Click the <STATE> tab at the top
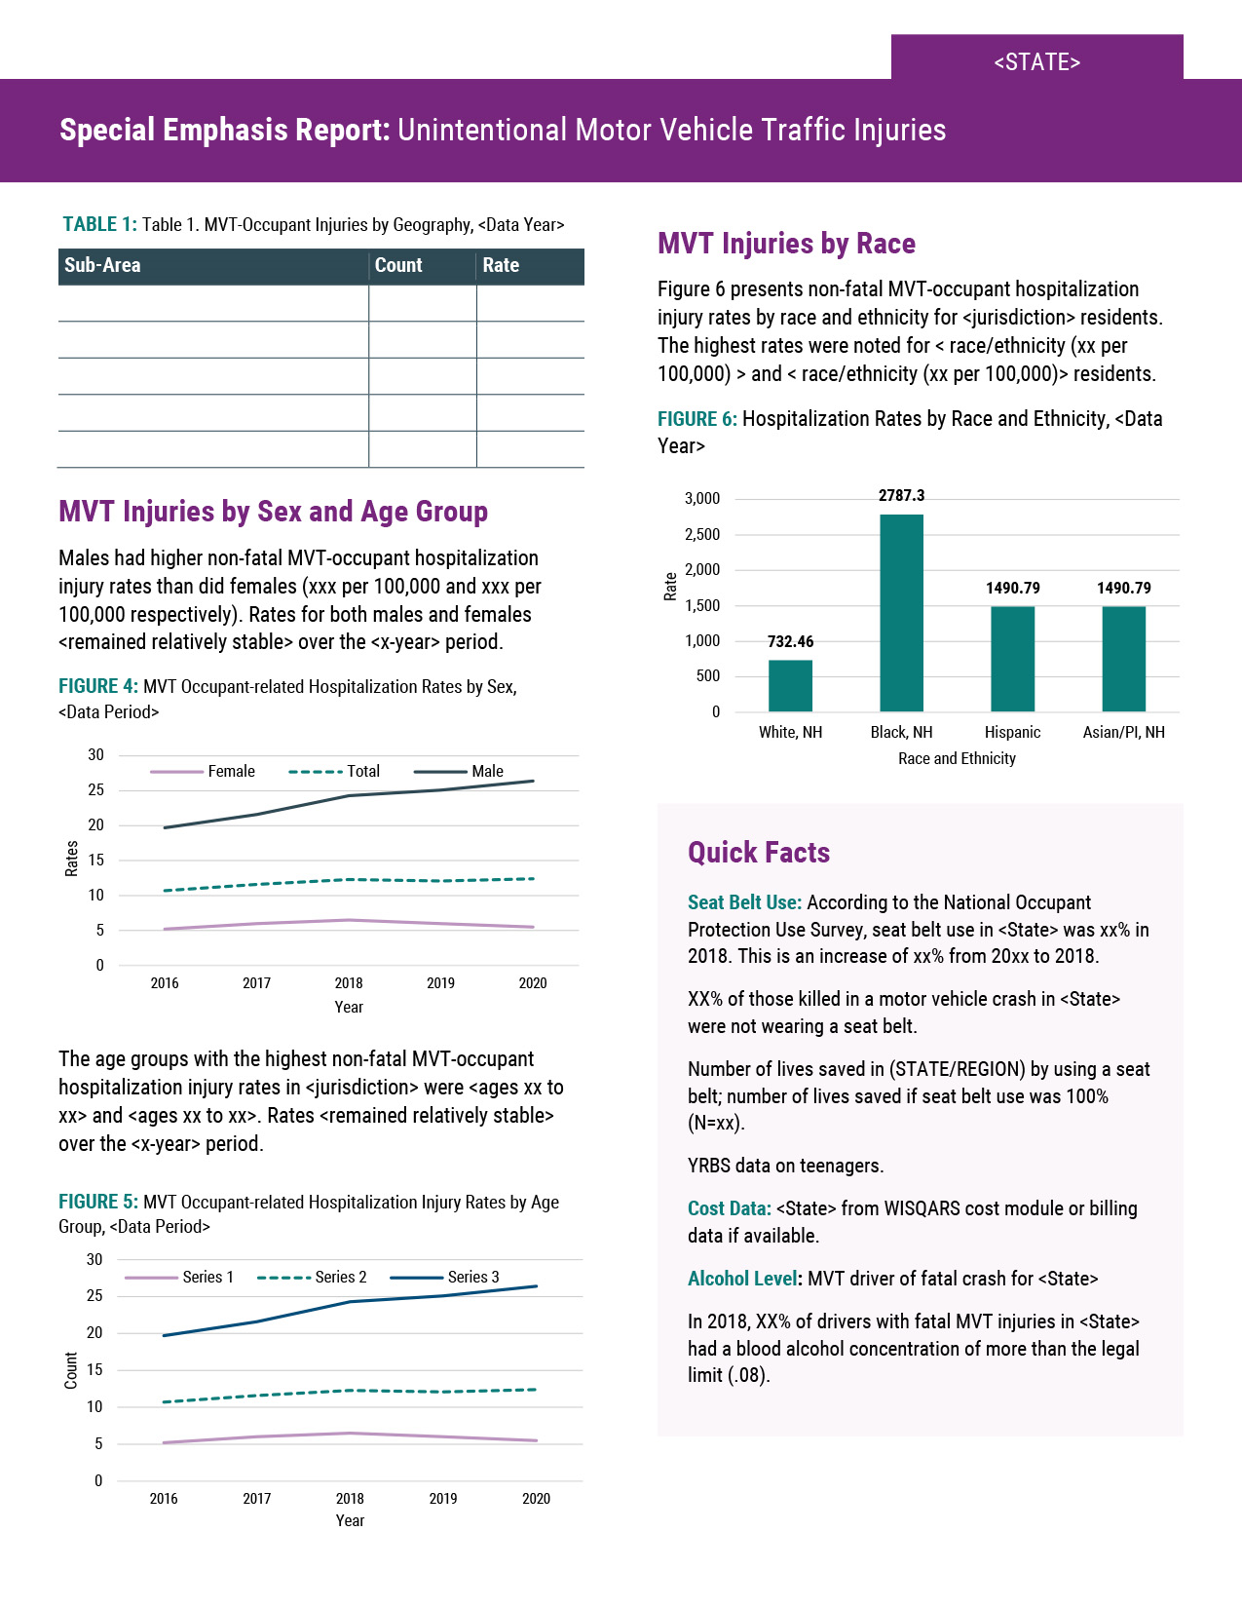tap(1036, 61)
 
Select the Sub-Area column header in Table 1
tap(102, 265)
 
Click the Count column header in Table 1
tap(398, 265)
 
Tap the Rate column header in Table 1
tap(501, 265)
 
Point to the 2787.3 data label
tap(901, 496)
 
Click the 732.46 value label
tap(790, 641)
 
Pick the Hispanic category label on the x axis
tap(1012, 732)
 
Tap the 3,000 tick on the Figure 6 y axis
tap(702, 499)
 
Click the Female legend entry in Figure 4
tap(231, 771)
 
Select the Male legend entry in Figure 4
tap(487, 771)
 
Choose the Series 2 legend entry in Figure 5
tap(341, 1277)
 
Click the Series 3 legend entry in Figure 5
tap(473, 1277)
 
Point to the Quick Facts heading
tap(759, 853)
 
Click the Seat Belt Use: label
tap(744, 902)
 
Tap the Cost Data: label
tap(729, 1208)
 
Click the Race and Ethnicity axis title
tap(957, 758)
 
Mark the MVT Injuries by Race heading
tap(786, 244)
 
